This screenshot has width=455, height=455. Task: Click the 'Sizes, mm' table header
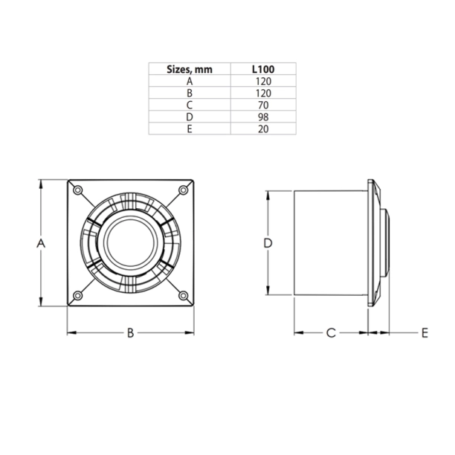click(x=190, y=69)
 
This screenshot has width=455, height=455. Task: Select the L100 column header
click(x=263, y=69)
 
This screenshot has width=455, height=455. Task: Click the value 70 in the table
click(x=263, y=105)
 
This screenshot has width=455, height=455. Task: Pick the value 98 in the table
click(x=263, y=117)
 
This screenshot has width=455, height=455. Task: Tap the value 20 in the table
click(x=263, y=129)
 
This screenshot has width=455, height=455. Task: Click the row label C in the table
click(x=190, y=105)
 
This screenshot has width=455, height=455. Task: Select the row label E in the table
click(x=190, y=129)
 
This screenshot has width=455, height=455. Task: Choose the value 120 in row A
click(x=263, y=81)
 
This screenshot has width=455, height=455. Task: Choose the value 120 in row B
click(x=263, y=93)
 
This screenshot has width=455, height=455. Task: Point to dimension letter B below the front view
click(x=129, y=332)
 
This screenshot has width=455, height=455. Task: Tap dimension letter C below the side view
click(x=331, y=332)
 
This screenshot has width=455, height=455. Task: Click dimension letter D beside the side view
click(x=268, y=243)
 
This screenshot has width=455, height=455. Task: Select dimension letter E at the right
click(x=425, y=332)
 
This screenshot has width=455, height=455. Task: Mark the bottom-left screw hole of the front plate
click(x=77, y=297)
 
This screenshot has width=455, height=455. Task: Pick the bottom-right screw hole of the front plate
click(x=183, y=297)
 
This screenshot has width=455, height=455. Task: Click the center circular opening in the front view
click(x=130, y=243)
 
